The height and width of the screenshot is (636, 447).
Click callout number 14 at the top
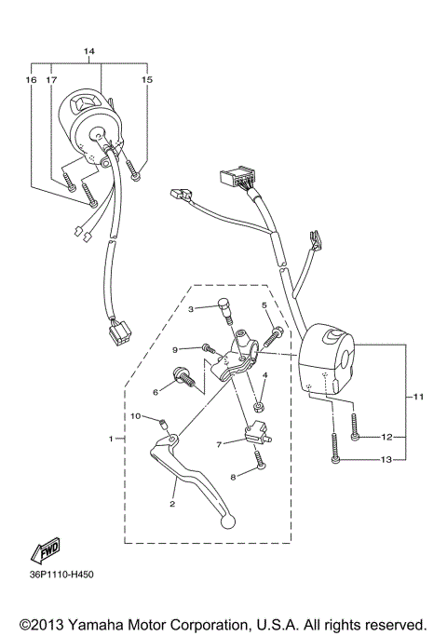(x=89, y=49)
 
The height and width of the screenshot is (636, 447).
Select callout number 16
(x=31, y=81)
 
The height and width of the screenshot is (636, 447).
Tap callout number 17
(x=50, y=81)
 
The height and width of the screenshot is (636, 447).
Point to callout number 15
(x=146, y=81)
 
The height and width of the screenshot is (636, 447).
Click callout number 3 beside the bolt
(x=190, y=308)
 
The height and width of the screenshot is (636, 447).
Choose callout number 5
(x=264, y=305)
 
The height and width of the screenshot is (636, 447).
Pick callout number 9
(x=173, y=349)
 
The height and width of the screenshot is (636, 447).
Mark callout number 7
(x=220, y=445)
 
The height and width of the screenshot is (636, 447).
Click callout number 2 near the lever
(x=172, y=504)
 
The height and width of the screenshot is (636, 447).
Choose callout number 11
(x=418, y=398)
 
